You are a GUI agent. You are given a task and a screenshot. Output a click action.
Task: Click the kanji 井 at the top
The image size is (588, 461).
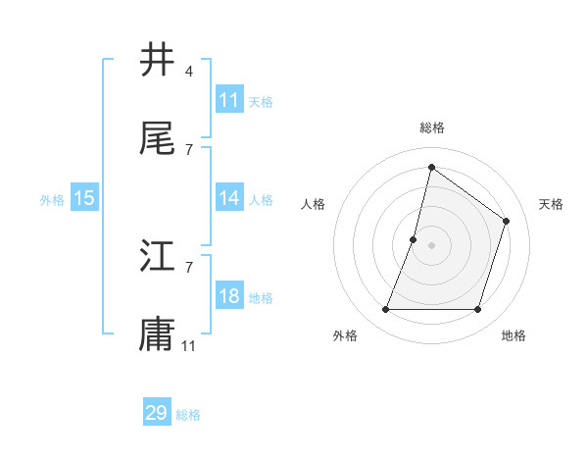coord(158,61)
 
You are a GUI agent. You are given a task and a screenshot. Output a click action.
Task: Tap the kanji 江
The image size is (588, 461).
coord(158,257)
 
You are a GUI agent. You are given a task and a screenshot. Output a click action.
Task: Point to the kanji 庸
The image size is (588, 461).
coord(158,333)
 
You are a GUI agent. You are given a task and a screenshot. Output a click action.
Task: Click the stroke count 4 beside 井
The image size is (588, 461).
coord(188,72)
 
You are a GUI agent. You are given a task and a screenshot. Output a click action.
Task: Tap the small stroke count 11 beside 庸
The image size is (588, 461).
coord(189,344)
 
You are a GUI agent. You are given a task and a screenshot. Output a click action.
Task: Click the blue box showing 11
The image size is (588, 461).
coord(229,100)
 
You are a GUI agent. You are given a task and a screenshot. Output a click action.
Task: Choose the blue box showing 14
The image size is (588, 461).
coord(229,198)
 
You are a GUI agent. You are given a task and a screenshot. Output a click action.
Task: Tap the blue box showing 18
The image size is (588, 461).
coord(229,296)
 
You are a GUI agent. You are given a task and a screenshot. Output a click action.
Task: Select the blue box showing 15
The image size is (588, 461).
coord(84,198)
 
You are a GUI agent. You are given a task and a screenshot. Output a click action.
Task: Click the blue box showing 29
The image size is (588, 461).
coord(157,413)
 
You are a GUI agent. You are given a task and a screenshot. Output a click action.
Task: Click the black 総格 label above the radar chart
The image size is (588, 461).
coord(432,128)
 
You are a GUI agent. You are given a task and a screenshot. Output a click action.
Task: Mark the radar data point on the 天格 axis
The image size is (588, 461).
coord(507,221)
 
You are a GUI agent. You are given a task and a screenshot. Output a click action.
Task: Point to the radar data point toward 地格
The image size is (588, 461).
coord(477,310)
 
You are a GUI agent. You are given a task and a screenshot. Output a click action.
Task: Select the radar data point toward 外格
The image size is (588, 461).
coord(385,310)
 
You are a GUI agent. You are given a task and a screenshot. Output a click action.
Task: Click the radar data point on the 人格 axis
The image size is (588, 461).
coord(414,239)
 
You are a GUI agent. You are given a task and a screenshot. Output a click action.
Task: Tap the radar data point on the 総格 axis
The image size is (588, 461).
coord(431,167)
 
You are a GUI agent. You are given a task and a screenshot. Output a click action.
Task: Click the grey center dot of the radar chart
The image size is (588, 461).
coord(431,245)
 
